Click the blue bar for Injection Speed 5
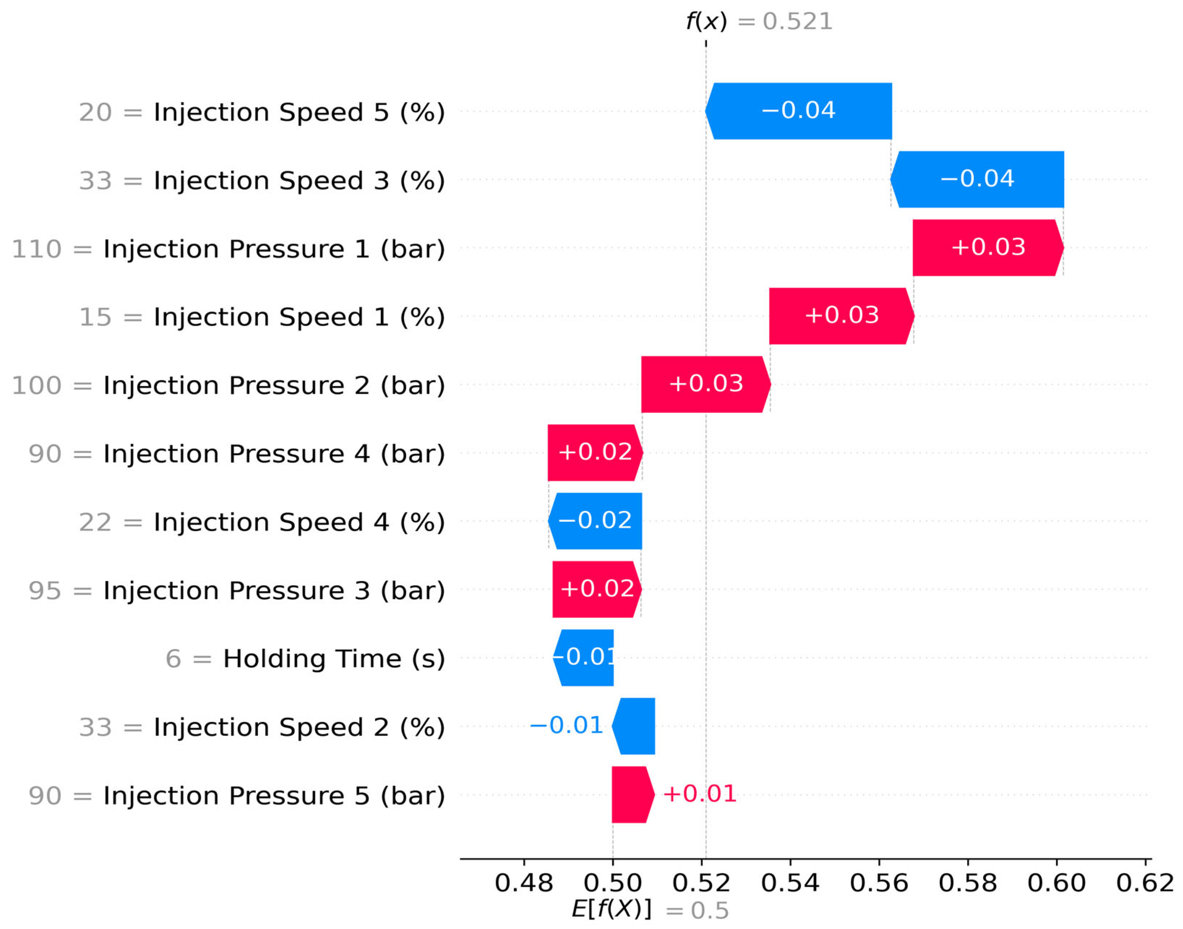[x=798, y=111]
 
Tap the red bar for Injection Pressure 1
[x=988, y=248]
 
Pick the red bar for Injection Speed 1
[x=842, y=316]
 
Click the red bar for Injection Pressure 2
[x=706, y=384]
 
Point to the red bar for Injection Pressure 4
[x=595, y=452]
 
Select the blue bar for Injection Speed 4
[x=595, y=521]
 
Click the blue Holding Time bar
[x=583, y=658]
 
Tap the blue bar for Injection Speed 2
[x=633, y=726]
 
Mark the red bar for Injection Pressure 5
[x=633, y=795]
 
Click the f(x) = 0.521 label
[x=759, y=22]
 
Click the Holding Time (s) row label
[x=334, y=659]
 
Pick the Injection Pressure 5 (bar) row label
[x=274, y=796]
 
